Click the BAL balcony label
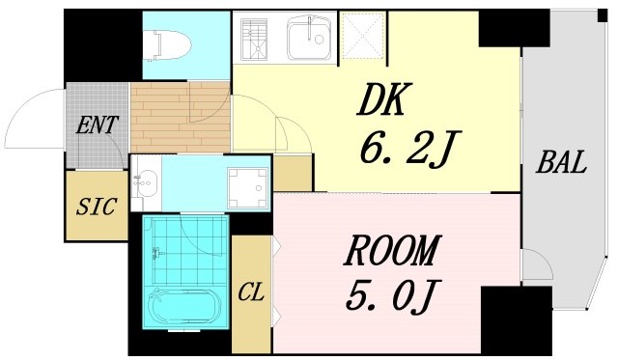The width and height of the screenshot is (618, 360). [x=562, y=162]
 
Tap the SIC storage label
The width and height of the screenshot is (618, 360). [x=97, y=207]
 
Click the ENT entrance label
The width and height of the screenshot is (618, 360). [x=98, y=125]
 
